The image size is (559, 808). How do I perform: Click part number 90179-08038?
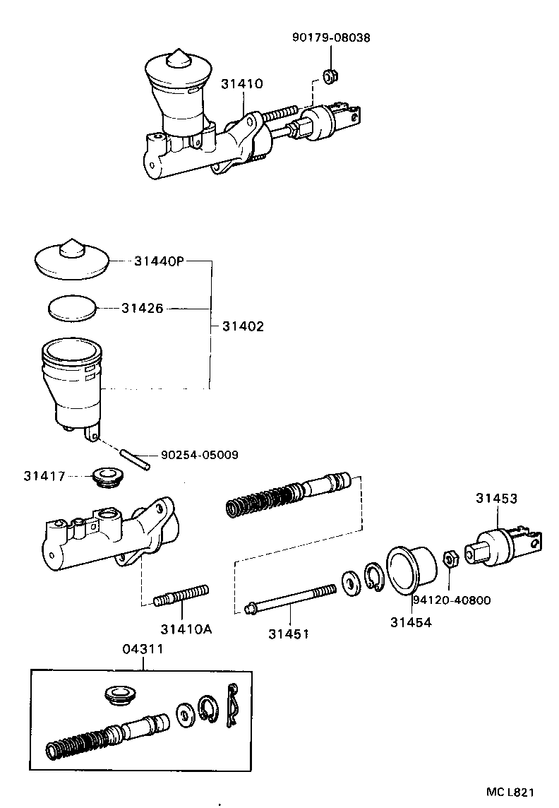330,37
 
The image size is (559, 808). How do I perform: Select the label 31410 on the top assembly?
241,83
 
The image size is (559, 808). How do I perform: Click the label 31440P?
159,261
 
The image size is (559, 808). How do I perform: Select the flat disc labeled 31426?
71,308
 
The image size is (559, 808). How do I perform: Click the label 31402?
243,326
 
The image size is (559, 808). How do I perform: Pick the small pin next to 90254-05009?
135,458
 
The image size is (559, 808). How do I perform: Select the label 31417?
44,477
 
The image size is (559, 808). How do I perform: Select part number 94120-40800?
452,600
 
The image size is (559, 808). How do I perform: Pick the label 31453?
495,499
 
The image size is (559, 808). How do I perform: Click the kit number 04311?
144,649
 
